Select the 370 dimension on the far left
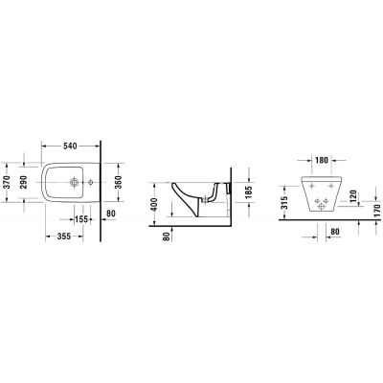8,182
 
